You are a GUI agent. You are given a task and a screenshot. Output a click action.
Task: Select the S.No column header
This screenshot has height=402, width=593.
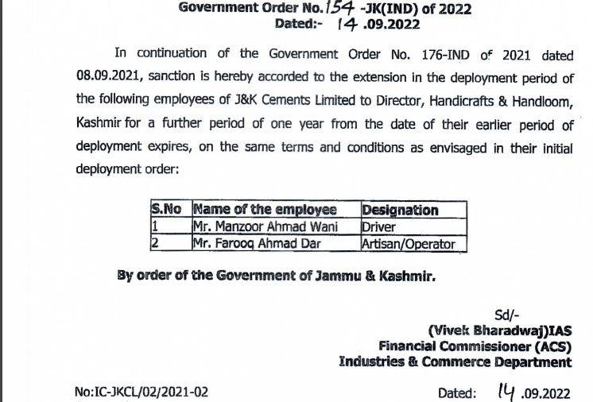(x=167, y=210)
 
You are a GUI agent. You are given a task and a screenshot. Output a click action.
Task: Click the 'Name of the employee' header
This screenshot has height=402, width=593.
(x=265, y=210)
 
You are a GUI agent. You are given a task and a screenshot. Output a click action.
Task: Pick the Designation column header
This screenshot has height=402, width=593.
(x=400, y=210)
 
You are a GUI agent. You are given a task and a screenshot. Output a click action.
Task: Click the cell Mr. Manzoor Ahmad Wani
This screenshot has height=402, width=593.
(x=265, y=227)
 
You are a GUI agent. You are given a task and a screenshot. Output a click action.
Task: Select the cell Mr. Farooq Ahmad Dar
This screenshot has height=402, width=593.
(x=257, y=244)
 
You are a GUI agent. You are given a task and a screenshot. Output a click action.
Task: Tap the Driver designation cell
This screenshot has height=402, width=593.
(x=380, y=227)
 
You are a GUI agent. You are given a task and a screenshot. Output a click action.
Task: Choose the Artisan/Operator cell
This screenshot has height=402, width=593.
(x=409, y=244)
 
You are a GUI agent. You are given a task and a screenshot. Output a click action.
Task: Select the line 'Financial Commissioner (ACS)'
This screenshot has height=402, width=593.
(x=474, y=346)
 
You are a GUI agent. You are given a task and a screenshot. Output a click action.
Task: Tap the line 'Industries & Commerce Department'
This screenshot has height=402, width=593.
(x=455, y=362)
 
